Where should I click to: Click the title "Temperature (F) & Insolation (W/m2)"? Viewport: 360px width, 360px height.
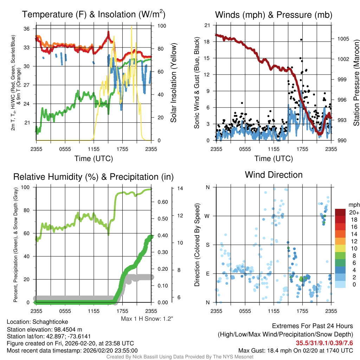click(x=94, y=14)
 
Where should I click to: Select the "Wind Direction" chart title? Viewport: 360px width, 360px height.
click(x=274, y=175)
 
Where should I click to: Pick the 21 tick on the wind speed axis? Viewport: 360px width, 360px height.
click(x=207, y=25)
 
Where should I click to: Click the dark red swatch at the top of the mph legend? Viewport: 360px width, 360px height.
click(x=340, y=212)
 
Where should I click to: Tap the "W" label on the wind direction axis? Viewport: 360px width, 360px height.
click(x=208, y=216)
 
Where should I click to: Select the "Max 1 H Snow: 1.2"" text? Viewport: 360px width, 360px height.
click(x=147, y=319)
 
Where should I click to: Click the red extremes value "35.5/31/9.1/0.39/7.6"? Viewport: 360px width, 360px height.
click(x=324, y=343)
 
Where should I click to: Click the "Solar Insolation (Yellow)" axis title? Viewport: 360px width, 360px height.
click(x=173, y=83)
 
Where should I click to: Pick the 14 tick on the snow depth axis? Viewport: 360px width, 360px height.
click(x=180, y=188)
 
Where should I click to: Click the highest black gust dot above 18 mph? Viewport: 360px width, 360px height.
click(x=301, y=39)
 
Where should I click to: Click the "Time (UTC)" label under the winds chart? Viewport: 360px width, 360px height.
click(x=274, y=159)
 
